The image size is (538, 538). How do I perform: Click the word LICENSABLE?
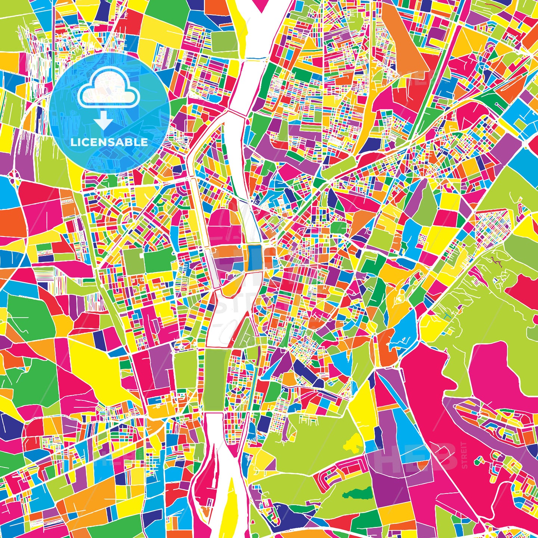tap(109, 142)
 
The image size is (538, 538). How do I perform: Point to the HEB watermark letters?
tap(418, 456)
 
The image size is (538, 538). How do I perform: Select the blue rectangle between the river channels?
tap(255, 257)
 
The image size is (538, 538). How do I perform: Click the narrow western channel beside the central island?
tap(198, 209)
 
